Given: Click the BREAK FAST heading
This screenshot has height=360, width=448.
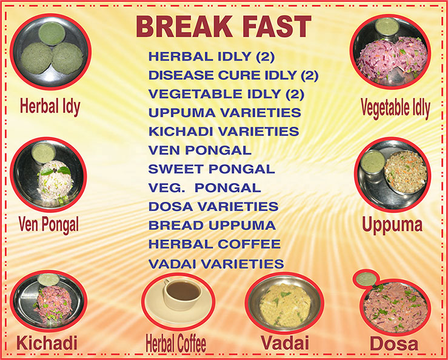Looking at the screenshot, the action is tap(224, 26).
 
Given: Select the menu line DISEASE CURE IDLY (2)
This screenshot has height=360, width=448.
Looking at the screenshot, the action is tap(233, 75).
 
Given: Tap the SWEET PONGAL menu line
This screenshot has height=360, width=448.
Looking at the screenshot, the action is tap(212, 169).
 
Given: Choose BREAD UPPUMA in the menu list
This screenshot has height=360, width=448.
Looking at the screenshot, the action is tap(212, 225).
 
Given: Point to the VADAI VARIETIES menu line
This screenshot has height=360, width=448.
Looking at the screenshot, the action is tap(216, 264).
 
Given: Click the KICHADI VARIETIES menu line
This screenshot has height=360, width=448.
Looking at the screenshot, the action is tap(224, 132).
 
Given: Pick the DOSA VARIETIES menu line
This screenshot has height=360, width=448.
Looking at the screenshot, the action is tap(213, 207).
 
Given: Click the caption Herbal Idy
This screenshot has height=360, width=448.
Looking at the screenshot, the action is tap(50, 107).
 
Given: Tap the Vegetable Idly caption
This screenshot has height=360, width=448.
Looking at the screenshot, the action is tap(395, 108).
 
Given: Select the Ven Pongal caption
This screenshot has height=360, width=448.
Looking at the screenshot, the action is tap(48, 225).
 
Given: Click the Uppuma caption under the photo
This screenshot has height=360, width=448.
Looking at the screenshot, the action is tap(392, 225).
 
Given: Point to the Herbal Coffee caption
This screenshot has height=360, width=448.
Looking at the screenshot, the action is tap(176, 344).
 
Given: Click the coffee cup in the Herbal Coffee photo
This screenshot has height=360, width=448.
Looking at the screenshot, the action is tap(182, 295).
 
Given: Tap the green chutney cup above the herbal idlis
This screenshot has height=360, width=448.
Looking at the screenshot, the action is tap(52, 34).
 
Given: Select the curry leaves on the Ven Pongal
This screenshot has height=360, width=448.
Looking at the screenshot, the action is tap(56, 171).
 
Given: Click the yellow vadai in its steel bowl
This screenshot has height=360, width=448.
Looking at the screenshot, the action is tap(285, 305).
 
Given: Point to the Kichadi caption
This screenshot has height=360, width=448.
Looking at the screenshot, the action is tap(47, 343).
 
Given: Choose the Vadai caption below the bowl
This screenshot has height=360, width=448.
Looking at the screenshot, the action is tap(285, 342).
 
